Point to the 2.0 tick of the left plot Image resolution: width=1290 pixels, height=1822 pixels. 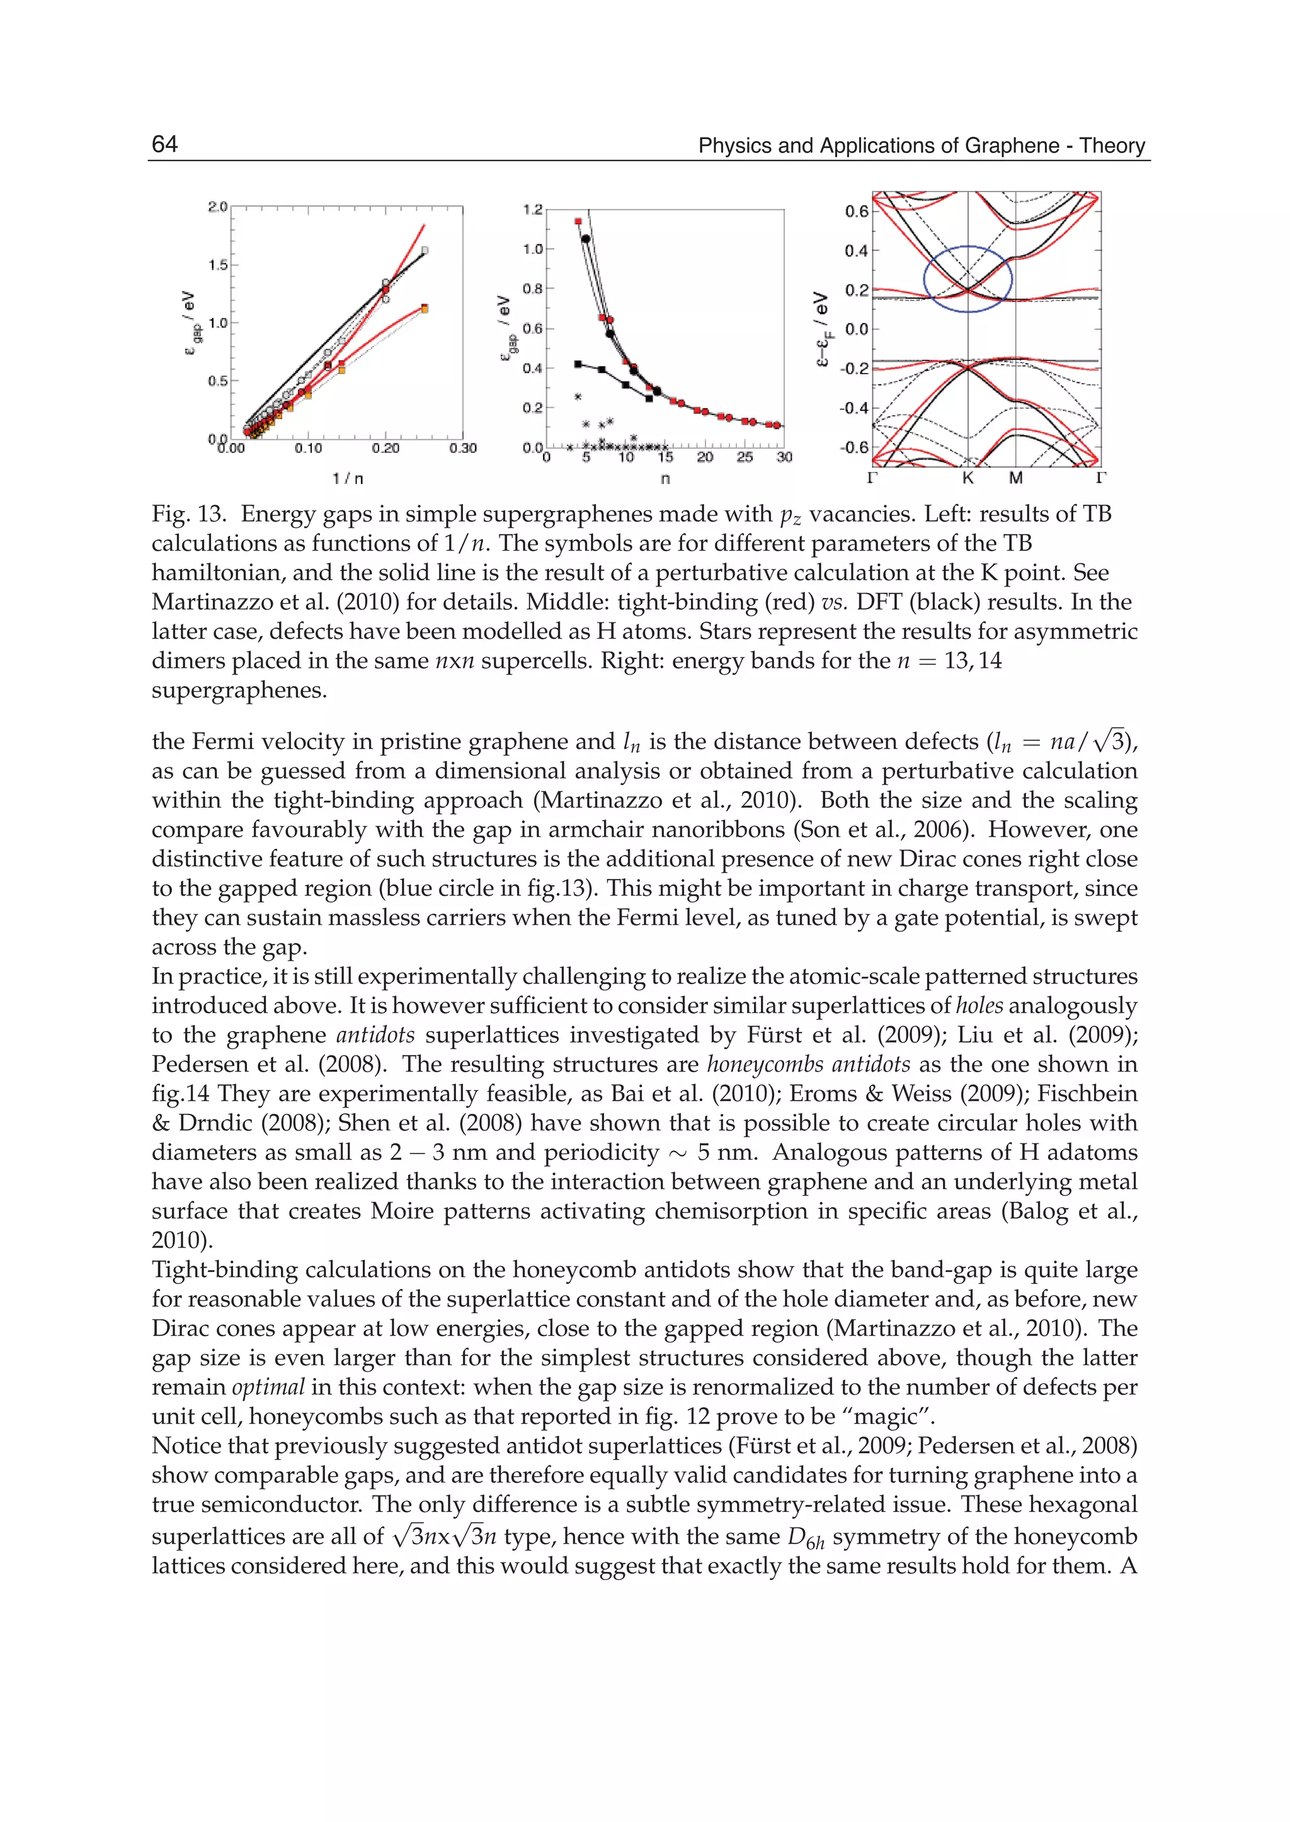(217, 207)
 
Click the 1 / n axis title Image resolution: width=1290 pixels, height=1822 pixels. (347, 478)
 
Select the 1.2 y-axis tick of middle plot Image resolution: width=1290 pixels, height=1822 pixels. (532, 210)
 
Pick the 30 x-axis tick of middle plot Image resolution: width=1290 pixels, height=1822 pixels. (784, 457)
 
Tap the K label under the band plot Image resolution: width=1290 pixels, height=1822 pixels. (967, 478)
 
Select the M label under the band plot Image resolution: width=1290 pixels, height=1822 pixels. (1016, 478)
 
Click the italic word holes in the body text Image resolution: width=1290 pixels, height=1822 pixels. (979, 1005)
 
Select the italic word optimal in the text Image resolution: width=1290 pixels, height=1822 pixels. (268, 1387)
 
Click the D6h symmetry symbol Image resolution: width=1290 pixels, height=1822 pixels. (806, 1537)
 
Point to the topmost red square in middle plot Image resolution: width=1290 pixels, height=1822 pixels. (578, 222)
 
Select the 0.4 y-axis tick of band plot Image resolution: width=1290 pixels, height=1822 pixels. (855, 251)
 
